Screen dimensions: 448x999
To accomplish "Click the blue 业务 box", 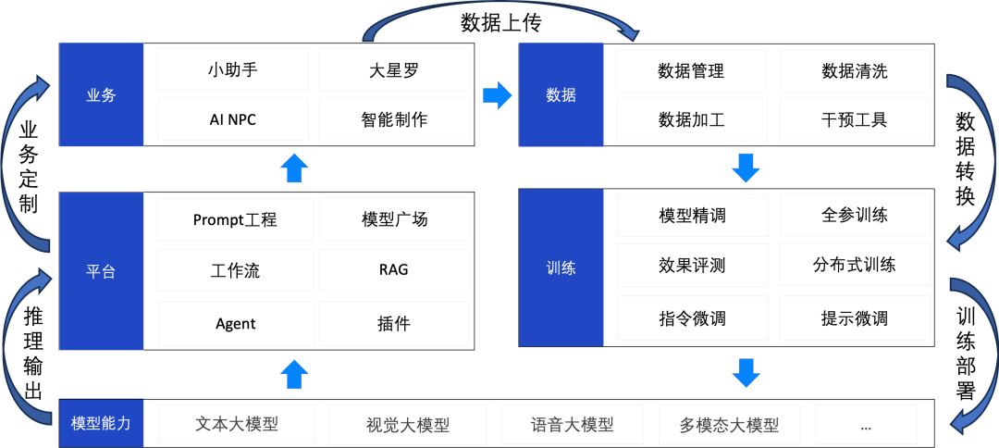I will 101,94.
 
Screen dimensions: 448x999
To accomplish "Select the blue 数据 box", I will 561,94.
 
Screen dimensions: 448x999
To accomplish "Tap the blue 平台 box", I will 101,271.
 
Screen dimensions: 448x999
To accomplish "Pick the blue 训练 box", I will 561,268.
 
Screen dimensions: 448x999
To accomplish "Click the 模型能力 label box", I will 101,424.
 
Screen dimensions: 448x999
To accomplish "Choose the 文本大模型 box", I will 237,423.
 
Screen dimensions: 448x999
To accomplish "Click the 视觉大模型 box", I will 408,425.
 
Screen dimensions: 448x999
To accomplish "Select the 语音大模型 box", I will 572,425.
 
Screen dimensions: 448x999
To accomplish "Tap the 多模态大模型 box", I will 729,425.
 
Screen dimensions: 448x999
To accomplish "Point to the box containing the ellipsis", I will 866,425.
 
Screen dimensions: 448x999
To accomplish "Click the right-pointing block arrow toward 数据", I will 497,94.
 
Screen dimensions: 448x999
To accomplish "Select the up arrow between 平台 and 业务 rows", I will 294,168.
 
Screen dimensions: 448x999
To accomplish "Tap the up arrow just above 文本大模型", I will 294,374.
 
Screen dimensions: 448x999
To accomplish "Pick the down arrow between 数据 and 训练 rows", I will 746,168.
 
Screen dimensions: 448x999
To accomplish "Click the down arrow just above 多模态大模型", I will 746,373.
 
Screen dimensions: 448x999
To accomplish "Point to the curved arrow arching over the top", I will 499,11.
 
